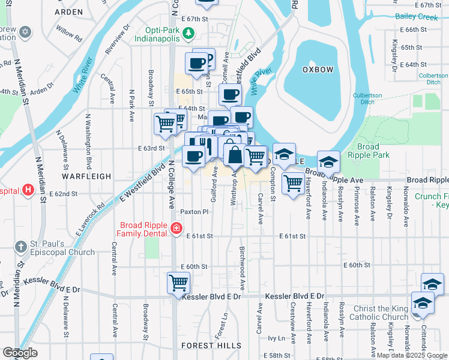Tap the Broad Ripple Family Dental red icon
pyautogui.click(x=176, y=227)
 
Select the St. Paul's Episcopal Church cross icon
pyautogui.click(x=20, y=247)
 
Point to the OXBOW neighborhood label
pyautogui.click(x=318, y=70)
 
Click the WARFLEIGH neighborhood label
pyautogui.click(x=86, y=176)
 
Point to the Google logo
pyautogui.click(x=20, y=353)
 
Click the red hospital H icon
pyautogui.click(x=28, y=190)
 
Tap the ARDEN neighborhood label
pyautogui.click(x=68, y=11)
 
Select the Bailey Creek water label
pyautogui.click(x=417, y=17)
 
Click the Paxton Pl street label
pyautogui.click(x=194, y=212)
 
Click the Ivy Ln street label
pyautogui.click(x=276, y=338)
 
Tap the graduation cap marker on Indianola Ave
pyautogui.click(x=328, y=162)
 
